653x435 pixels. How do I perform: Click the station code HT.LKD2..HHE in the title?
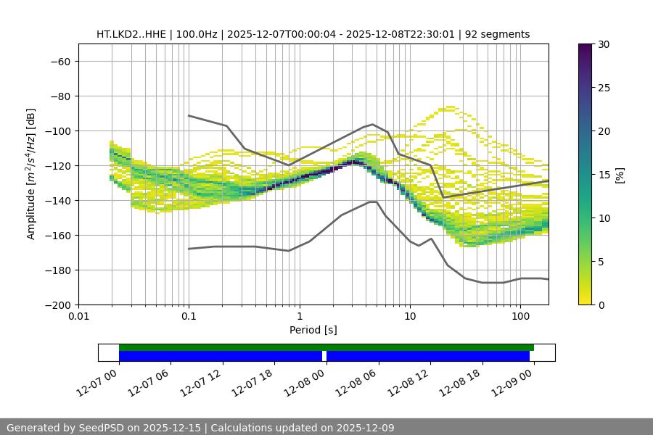(132, 34)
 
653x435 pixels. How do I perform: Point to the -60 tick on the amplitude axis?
(60, 62)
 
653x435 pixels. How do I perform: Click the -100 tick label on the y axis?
(57, 131)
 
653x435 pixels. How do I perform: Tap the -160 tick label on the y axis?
(57, 236)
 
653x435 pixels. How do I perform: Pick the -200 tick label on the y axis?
(57, 305)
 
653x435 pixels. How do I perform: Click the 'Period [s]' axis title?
(313, 330)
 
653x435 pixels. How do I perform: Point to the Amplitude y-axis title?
(31, 174)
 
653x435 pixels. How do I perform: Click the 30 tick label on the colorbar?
(603, 44)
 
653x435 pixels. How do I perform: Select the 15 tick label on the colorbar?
(603, 175)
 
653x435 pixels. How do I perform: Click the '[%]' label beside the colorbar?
(620, 175)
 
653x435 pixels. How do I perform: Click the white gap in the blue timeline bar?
(324, 356)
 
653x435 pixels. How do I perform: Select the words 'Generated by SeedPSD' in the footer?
(65, 428)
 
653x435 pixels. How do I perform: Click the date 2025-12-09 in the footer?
(368, 428)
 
